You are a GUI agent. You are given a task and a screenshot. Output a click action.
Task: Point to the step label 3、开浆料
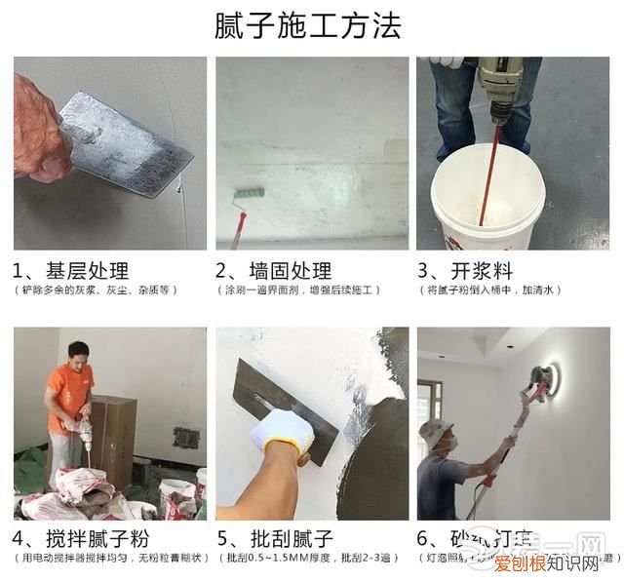pyautogui.click(x=465, y=270)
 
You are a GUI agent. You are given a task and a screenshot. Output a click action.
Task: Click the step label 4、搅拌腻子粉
pyautogui.click(x=81, y=537)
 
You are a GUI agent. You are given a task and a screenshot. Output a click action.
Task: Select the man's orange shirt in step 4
pyautogui.click(x=67, y=395)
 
